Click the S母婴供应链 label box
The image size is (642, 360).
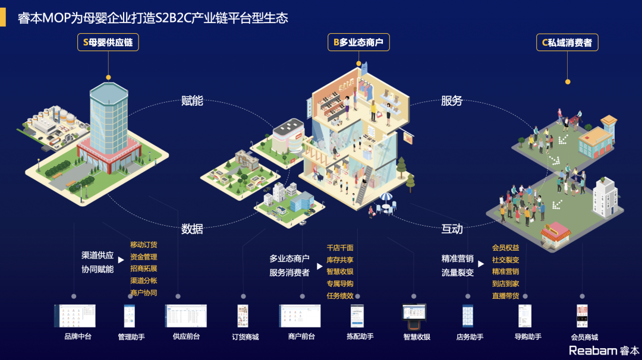tap(108, 42)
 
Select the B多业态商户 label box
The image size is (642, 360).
tap(358, 42)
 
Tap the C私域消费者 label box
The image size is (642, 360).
tap(567, 42)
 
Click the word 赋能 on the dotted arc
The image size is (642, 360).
tap(192, 101)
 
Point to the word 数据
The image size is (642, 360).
tap(192, 229)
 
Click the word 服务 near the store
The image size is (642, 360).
tap(452, 101)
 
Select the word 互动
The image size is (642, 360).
tap(452, 229)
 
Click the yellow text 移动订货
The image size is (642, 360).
tap(143, 245)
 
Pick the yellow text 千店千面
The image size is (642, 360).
tap(339, 248)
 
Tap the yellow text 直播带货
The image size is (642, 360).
tap(505, 295)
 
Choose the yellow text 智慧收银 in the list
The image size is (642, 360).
tap(339, 271)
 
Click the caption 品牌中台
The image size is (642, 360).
tap(78, 337)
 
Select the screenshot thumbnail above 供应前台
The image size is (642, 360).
tap(186, 316)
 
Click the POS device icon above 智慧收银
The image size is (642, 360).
tap(414, 316)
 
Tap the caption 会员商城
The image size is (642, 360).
tap(584, 337)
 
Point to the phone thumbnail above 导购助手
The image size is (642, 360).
tap(524, 316)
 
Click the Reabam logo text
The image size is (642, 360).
tap(593, 350)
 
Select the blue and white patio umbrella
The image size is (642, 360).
tap(386, 197)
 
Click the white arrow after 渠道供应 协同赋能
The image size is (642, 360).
tap(121, 260)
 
